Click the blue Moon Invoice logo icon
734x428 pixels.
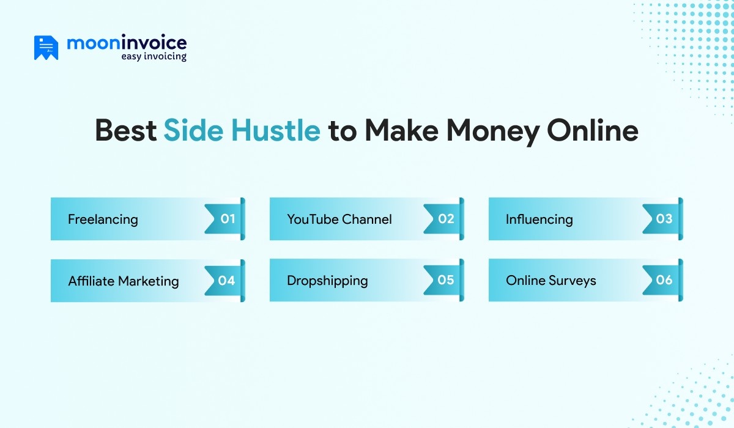(x=46, y=48)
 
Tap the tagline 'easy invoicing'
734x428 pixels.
(x=154, y=56)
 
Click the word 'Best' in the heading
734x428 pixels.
(x=125, y=130)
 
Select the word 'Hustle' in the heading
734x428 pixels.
(x=276, y=130)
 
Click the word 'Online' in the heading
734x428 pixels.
(x=593, y=130)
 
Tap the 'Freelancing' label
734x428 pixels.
(x=103, y=220)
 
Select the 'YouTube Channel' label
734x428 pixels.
(x=339, y=219)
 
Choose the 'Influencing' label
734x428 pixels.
(x=539, y=220)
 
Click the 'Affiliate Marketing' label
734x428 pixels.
(x=123, y=281)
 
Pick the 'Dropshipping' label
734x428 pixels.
(x=327, y=281)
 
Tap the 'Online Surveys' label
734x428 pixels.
(x=550, y=281)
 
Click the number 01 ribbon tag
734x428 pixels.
(x=224, y=219)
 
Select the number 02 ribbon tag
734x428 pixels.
(x=443, y=219)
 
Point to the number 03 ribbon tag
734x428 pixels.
(x=662, y=219)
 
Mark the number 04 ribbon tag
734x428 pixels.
(x=224, y=281)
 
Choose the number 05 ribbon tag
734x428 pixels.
(x=443, y=280)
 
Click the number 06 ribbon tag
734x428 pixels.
(x=662, y=280)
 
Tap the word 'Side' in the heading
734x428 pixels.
(x=193, y=130)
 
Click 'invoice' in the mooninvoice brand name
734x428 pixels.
(x=154, y=43)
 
